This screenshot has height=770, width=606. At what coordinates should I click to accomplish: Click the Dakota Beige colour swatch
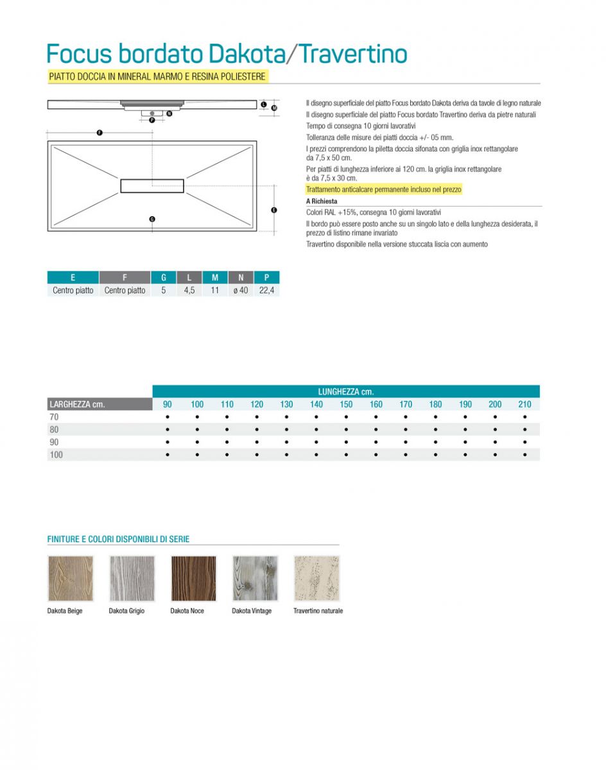71,578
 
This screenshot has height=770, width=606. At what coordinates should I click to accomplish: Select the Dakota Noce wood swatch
193,578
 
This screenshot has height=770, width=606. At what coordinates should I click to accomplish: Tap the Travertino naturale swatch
316,578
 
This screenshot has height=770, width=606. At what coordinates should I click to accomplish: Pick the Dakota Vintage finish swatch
255,578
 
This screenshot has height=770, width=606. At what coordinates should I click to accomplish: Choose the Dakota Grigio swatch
132,578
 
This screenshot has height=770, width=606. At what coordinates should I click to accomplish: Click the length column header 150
346,404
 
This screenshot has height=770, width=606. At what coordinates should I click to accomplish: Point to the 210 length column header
524,404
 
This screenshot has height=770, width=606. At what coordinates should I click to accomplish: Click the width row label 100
56,455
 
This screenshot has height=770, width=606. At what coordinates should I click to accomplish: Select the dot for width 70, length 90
167,417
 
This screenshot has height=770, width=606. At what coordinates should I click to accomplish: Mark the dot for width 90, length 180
435,442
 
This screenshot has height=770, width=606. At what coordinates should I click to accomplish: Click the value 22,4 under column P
266,291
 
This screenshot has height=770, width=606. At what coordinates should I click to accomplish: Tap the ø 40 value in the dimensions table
241,291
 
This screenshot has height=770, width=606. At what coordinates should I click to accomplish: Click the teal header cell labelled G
164,277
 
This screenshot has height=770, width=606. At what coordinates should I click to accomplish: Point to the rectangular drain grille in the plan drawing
152,186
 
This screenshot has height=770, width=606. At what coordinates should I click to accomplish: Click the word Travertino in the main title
353,54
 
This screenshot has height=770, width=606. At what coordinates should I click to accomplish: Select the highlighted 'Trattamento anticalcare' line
383,190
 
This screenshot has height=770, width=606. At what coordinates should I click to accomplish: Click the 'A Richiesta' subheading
322,201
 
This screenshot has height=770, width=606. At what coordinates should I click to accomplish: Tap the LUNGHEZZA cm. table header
345,391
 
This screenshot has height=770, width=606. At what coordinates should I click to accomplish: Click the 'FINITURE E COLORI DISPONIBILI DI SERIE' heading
118,540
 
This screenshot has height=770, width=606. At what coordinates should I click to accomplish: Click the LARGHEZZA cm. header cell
77,404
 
